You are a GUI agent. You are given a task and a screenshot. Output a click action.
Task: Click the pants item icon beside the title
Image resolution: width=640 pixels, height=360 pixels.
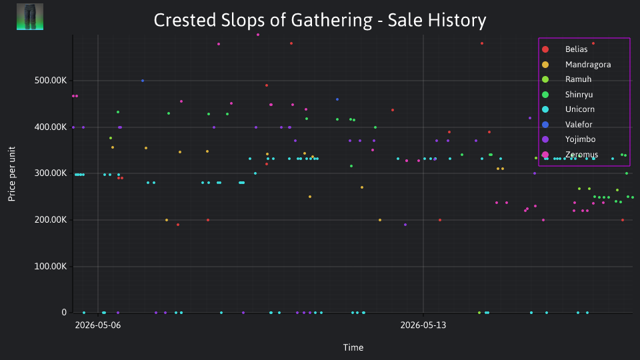[x=30, y=17]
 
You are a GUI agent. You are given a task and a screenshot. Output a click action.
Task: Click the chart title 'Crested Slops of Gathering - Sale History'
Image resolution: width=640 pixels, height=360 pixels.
[x=319, y=21]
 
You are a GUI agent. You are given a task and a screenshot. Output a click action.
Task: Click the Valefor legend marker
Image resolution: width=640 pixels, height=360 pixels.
[x=545, y=125]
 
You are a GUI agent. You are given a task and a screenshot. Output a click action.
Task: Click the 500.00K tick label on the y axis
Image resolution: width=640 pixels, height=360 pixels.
[x=51, y=81]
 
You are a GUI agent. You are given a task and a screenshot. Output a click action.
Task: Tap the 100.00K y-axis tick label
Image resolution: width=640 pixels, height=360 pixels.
[x=51, y=267]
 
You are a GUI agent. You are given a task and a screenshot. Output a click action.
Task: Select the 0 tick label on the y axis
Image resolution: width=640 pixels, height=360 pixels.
[x=64, y=312]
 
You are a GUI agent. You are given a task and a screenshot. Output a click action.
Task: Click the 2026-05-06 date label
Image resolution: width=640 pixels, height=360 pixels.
[x=98, y=325]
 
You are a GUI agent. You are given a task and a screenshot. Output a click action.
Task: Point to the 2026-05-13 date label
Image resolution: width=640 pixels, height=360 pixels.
[x=423, y=325]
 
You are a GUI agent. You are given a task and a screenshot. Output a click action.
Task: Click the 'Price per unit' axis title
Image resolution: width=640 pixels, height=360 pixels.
[x=12, y=174]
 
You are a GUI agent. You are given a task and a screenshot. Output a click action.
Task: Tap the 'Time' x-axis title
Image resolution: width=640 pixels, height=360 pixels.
[x=353, y=347]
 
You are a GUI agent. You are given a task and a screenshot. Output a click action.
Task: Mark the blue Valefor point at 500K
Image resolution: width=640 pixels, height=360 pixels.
[x=143, y=81]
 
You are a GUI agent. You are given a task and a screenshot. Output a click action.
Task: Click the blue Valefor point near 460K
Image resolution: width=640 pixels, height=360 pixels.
[x=337, y=99]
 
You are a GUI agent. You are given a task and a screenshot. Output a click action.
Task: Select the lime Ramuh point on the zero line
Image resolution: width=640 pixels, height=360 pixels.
[x=479, y=313]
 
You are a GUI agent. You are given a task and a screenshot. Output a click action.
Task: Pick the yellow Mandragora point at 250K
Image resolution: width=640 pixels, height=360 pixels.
[x=310, y=197]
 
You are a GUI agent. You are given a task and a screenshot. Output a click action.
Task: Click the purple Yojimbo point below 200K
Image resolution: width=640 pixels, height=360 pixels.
[x=405, y=225]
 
